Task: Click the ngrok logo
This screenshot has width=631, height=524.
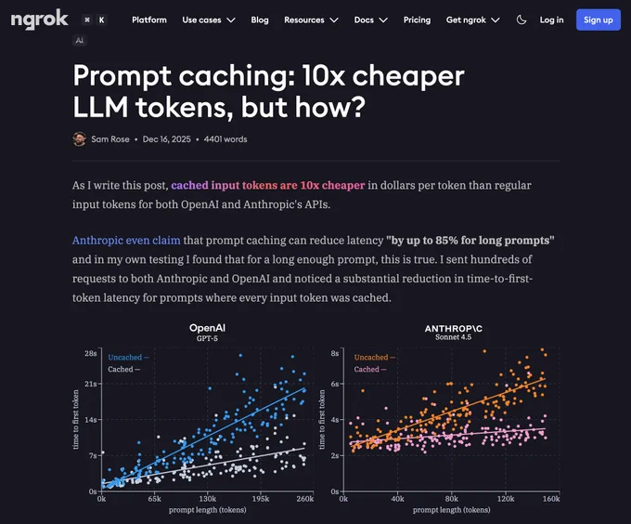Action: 39,20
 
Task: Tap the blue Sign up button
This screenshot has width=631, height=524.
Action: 598,20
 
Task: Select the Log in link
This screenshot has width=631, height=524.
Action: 551,20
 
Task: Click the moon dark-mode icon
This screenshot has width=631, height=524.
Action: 522,20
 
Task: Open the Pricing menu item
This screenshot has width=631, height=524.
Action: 417,20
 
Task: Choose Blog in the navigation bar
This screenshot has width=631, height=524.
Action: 260,20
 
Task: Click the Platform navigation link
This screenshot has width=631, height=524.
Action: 148,20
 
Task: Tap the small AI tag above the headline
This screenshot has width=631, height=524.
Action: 79,40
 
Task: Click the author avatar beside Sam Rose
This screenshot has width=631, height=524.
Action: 79,139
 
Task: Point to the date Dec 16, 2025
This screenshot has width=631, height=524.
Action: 167,139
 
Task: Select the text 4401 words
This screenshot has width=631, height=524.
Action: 225,139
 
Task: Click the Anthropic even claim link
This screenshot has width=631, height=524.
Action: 126,241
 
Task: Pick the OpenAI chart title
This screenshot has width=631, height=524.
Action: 207,328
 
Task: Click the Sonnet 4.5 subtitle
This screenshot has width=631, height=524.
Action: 453,337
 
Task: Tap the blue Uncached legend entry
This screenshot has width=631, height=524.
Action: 128,358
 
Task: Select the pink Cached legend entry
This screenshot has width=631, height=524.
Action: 370,370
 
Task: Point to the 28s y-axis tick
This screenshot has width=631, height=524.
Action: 91,354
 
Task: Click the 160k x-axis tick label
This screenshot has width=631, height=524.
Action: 551,499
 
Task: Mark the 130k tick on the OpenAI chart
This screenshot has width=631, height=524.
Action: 208,499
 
